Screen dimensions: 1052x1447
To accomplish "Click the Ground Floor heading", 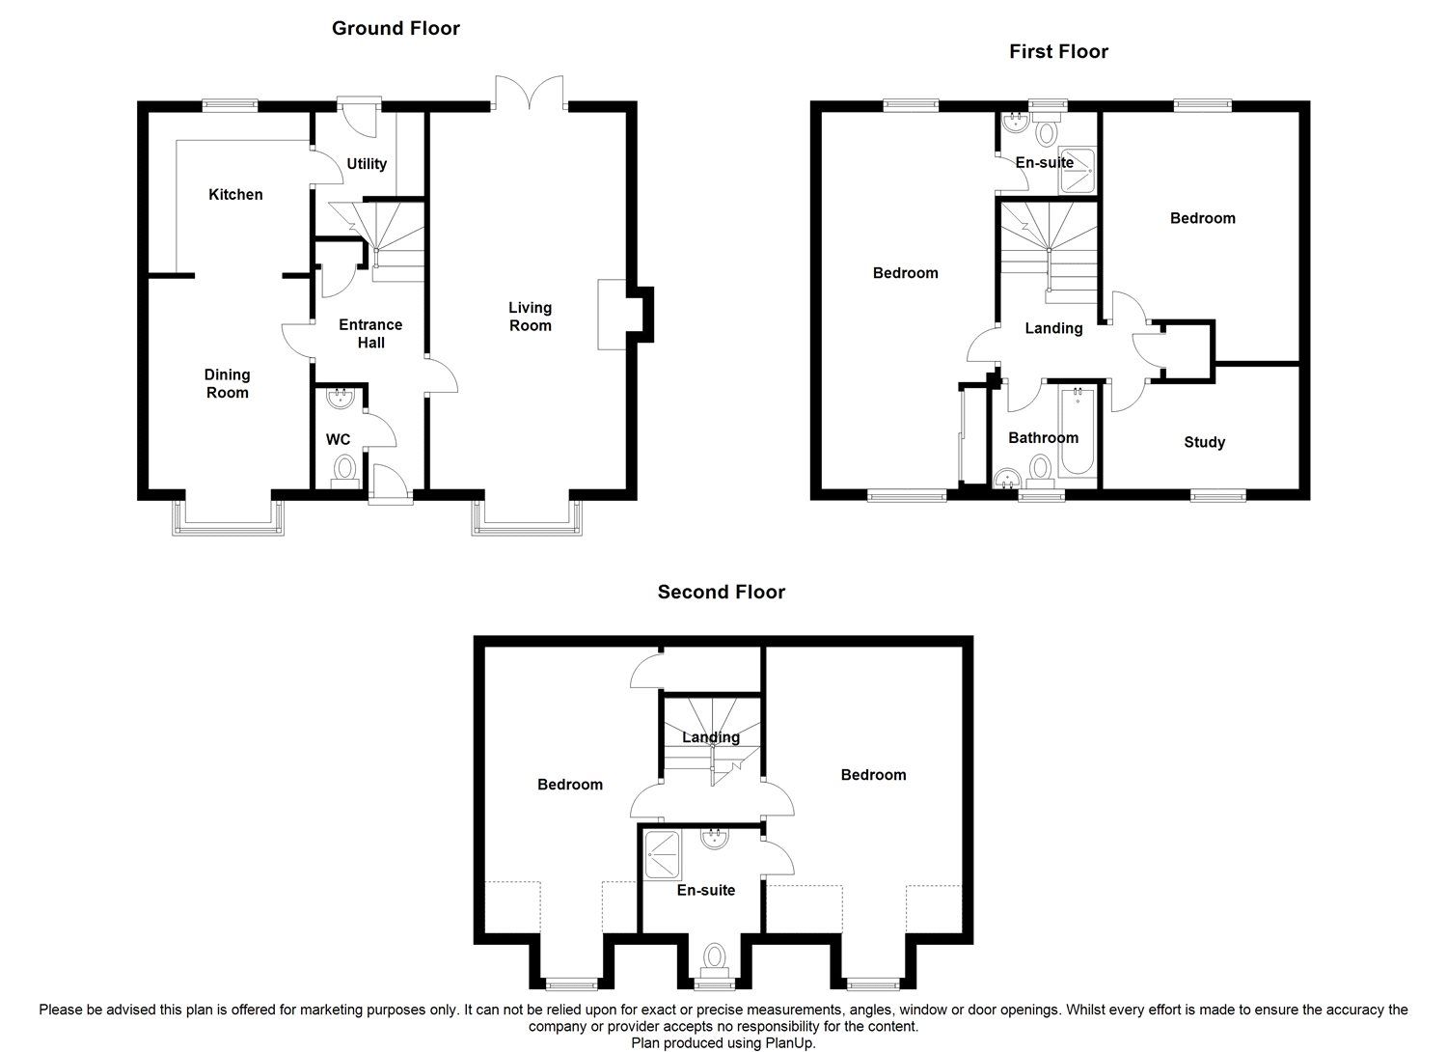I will pos(396,28).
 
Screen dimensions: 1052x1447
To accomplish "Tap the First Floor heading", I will pos(1058,51).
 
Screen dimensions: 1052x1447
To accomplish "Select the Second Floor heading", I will pos(721,592).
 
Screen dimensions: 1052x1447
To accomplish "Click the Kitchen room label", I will pos(235,194).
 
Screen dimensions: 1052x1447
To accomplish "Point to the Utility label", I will pos(367,163).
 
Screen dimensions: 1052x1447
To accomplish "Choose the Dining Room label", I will pos(227,383).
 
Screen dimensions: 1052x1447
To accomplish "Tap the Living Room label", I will pos(530,317).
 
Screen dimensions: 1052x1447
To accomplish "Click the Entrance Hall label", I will pos(370,333).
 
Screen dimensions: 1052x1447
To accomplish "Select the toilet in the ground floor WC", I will pos(344,470).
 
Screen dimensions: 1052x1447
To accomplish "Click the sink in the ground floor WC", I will pos(340,397).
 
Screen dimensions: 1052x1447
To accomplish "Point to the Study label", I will pos(1204,442).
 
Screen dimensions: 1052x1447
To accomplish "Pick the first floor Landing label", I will pos(1053,328).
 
